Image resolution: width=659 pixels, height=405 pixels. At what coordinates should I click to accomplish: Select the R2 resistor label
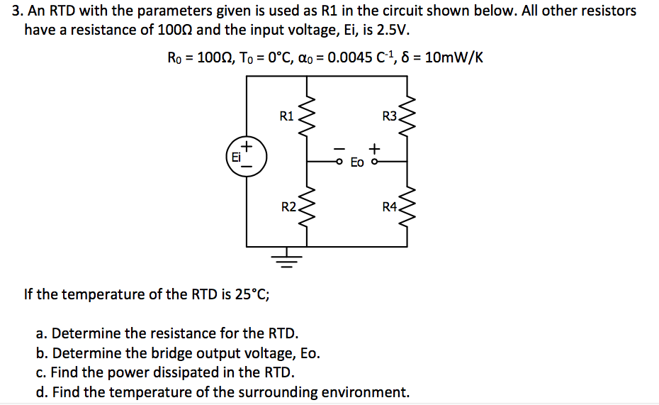[288, 207]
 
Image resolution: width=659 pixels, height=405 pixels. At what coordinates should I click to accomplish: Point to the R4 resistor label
[390, 207]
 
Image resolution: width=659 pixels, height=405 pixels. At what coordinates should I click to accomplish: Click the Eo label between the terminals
[357, 162]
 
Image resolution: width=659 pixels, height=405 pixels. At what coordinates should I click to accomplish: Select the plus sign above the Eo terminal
[374, 149]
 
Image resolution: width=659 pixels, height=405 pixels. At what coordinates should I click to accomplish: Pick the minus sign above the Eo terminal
[339, 149]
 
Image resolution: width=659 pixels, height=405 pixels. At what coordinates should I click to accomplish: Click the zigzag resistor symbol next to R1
[307, 116]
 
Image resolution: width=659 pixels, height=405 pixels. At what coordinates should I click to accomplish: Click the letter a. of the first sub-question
[41, 333]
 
